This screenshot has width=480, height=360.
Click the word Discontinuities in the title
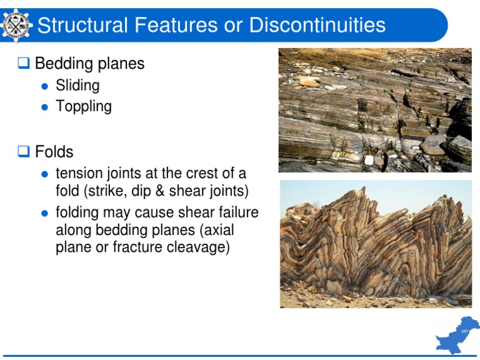(317, 25)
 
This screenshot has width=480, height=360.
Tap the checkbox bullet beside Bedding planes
(24, 64)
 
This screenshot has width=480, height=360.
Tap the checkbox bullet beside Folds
(24, 152)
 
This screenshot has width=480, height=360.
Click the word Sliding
(77, 86)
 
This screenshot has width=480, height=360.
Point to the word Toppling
(84, 106)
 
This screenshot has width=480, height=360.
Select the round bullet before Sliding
(44, 86)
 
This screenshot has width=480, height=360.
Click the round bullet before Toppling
(44, 107)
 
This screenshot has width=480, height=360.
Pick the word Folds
(54, 152)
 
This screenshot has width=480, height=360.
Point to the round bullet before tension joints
(44, 174)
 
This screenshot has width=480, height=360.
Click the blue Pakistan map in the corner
(457, 336)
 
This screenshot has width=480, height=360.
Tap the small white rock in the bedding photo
(369, 161)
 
